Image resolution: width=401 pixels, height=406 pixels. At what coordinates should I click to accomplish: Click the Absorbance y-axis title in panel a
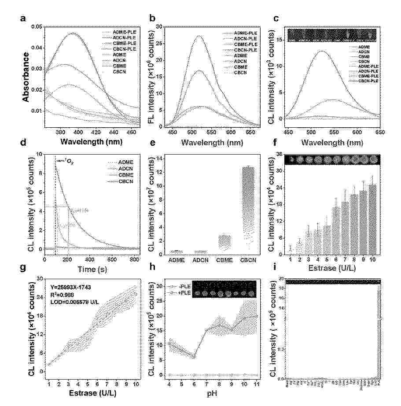[x=26, y=78]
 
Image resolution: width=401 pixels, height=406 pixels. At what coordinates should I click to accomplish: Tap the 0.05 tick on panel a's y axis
[x=39, y=27]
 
